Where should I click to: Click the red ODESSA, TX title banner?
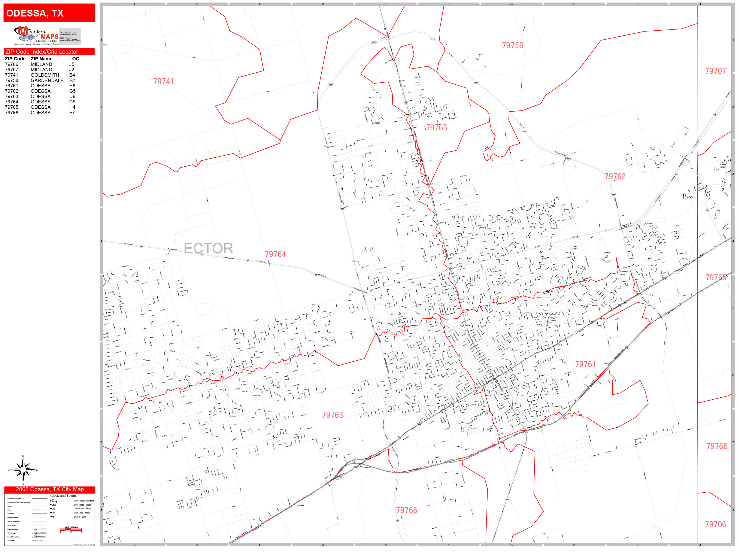point(49,13)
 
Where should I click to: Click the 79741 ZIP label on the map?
point(164,82)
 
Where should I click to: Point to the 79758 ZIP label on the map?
point(512,45)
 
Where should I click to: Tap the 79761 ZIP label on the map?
point(585,364)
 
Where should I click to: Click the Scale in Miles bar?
point(71,530)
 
